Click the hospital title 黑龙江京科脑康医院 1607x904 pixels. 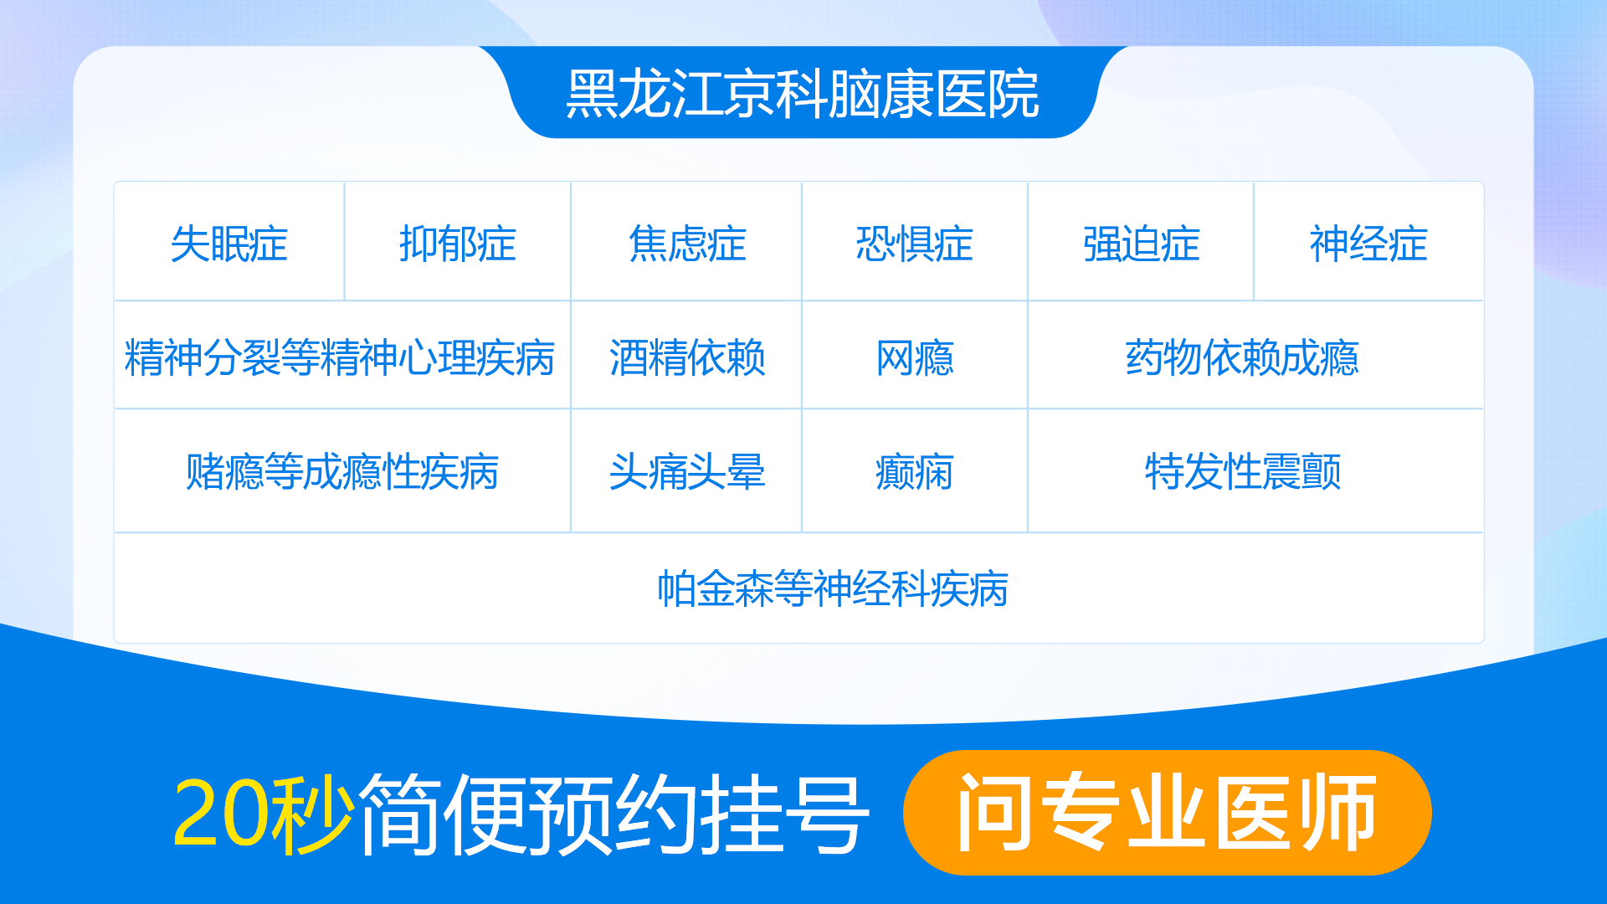[803, 94]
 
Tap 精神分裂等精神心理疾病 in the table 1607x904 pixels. [340, 358]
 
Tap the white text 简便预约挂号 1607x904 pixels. [614, 814]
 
